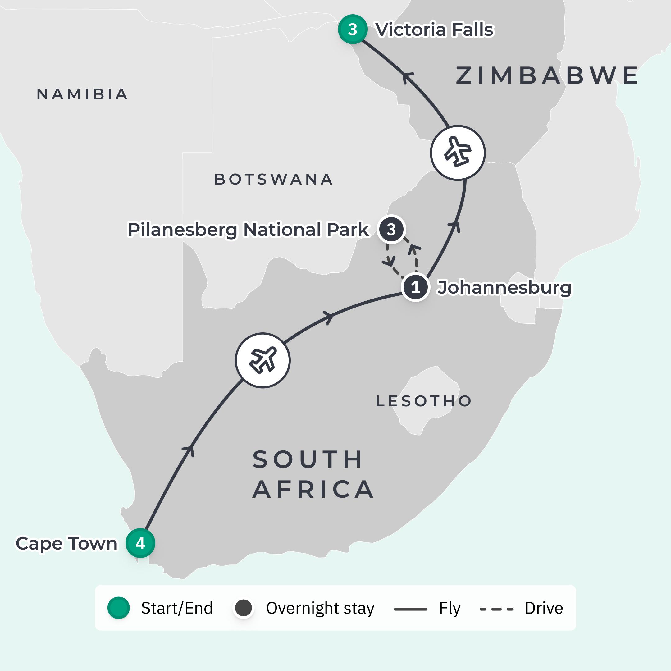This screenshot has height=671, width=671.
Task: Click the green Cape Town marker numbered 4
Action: [140, 543]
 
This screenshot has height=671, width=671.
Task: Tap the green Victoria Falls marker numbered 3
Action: [353, 29]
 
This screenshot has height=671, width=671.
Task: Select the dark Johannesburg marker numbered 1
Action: [415, 287]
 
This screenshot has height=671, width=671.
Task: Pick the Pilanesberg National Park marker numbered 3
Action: [391, 229]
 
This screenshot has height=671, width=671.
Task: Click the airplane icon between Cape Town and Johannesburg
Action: [262, 360]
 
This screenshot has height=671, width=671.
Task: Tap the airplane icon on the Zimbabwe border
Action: [458, 153]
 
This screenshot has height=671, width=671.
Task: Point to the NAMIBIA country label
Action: [82, 94]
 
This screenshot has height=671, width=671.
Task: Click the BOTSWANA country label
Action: [274, 179]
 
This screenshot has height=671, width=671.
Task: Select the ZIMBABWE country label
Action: [547, 75]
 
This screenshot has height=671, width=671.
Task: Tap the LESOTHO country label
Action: [424, 401]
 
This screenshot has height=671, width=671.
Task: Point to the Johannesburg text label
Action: [504, 287]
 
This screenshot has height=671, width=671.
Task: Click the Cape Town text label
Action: [67, 543]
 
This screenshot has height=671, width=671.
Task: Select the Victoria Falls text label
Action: [435, 29]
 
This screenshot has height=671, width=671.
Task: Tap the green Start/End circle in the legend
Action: [118, 608]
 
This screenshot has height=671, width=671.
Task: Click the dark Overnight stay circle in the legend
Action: [244, 608]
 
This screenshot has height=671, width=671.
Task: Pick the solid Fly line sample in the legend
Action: [410, 609]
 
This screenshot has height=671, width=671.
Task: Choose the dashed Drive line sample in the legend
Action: [496, 609]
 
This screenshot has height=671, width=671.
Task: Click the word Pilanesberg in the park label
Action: [183, 230]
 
